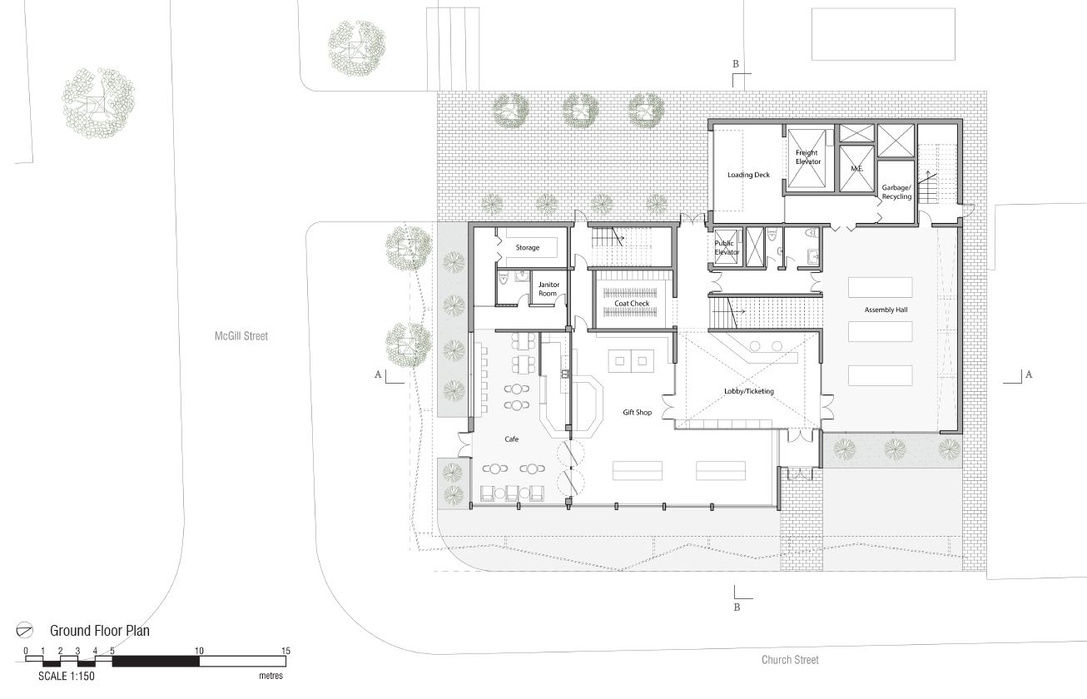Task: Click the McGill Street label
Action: click(x=241, y=335)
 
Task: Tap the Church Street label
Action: click(x=790, y=659)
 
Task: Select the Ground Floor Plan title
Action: click(x=100, y=631)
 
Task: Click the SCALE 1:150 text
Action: click(x=67, y=676)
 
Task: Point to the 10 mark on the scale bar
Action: click(x=199, y=651)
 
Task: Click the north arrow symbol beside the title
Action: click(x=24, y=630)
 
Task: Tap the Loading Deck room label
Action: click(x=748, y=175)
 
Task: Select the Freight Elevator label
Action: click(x=807, y=157)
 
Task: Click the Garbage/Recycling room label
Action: click(x=896, y=192)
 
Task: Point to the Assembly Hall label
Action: click(x=886, y=310)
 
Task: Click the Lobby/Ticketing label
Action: click(x=749, y=391)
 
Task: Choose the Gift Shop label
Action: click(x=638, y=412)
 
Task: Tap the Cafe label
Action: click(x=512, y=439)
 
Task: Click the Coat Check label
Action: click(x=632, y=303)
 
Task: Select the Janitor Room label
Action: click(x=548, y=289)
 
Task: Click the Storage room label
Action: click(x=528, y=247)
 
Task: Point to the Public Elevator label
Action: click(x=727, y=248)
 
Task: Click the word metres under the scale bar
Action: click(x=271, y=676)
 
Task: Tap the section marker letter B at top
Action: click(x=736, y=63)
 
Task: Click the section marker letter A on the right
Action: click(x=1028, y=374)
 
